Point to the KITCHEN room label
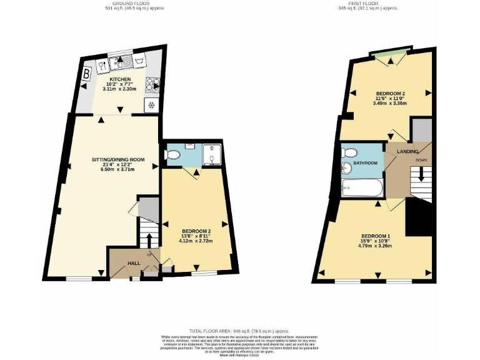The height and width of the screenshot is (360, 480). (120, 79)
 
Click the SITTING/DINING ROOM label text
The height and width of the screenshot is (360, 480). (118, 159)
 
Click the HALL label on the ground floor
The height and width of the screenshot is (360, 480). (134, 264)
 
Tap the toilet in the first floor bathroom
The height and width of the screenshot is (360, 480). (350, 152)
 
